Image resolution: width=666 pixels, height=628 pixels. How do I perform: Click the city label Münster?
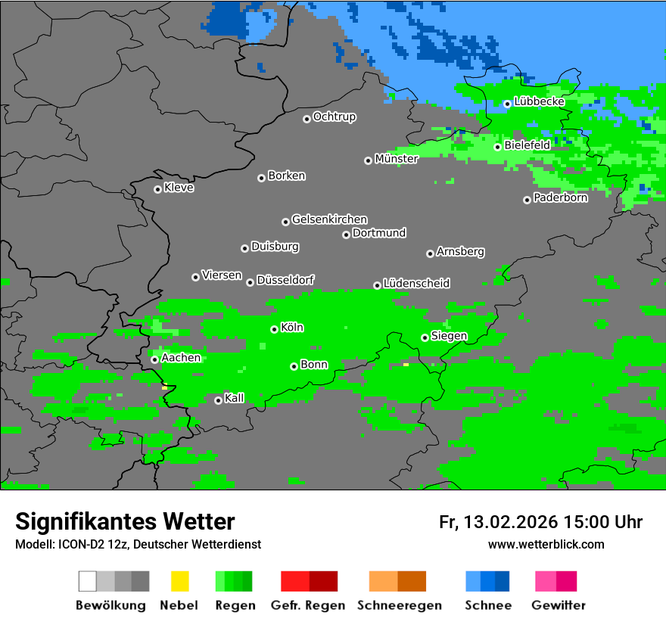[x=397, y=159]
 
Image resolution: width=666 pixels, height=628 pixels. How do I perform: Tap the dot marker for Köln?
[x=274, y=329]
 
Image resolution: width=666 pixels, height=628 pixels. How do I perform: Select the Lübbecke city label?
[x=539, y=101]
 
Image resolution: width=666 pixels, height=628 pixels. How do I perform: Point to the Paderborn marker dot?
[x=527, y=200]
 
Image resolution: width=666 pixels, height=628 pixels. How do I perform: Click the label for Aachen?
[x=181, y=357]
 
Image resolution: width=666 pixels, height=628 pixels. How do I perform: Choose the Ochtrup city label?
[x=334, y=117]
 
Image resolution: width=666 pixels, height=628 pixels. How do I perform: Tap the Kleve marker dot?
[x=157, y=189]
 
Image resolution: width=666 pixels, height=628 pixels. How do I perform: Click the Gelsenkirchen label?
[x=329, y=219]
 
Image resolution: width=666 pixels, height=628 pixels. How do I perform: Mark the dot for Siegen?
[x=425, y=337]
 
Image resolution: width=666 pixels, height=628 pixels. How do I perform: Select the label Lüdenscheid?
[x=416, y=283]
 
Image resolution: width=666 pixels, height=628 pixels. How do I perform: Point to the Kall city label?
[x=235, y=398]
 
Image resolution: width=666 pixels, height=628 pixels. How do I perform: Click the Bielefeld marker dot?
[x=497, y=147]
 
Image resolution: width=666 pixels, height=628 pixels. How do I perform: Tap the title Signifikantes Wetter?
[x=125, y=522]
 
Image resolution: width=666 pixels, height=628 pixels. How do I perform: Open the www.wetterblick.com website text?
[x=546, y=544]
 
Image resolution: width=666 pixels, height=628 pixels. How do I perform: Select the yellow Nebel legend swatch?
[x=179, y=581]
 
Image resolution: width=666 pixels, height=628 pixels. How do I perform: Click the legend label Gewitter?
[x=559, y=605]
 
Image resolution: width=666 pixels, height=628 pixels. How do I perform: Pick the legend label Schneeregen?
[x=397, y=605]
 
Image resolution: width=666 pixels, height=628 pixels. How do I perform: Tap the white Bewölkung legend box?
[x=88, y=581]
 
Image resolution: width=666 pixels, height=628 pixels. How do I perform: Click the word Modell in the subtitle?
[x=32, y=544]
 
